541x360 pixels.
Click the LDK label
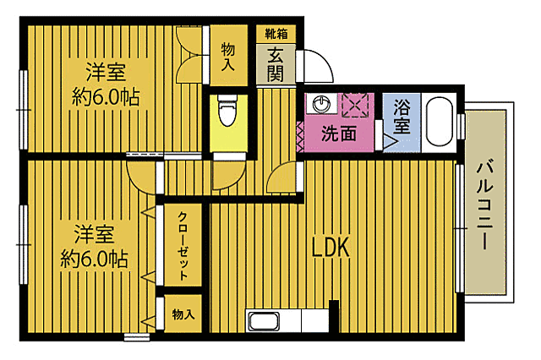coord(331,248)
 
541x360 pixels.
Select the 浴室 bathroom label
coord(402,117)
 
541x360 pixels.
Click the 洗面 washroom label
coord(338,133)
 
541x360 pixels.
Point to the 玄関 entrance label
coord(277,63)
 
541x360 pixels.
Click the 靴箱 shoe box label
coord(276,34)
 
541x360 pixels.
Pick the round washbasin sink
coord(320,106)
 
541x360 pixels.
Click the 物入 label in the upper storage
coord(228,57)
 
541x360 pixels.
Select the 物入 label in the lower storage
coord(183,314)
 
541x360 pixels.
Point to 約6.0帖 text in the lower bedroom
coord(94,259)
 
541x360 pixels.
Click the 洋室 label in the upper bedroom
coord(105,70)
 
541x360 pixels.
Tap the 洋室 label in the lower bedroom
coord(94,232)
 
